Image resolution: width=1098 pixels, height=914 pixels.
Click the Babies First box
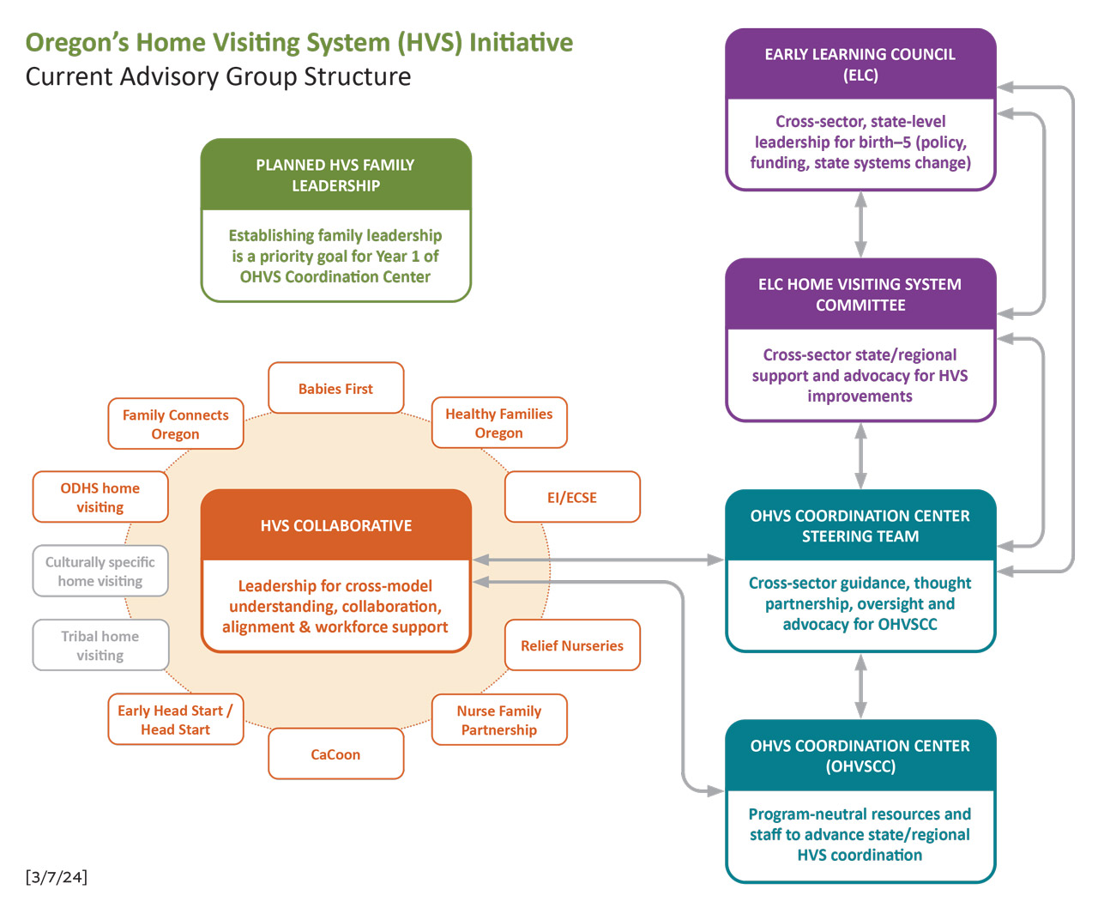[x=335, y=389]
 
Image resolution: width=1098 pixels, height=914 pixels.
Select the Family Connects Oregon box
[x=175, y=424]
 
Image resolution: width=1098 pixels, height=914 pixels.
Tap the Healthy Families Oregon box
[x=498, y=423]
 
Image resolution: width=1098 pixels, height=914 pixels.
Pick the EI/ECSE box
[x=572, y=497]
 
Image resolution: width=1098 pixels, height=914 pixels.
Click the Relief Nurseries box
[x=572, y=645]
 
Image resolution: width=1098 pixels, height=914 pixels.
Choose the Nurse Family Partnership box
[x=498, y=720]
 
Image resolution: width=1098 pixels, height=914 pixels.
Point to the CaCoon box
[x=335, y=754]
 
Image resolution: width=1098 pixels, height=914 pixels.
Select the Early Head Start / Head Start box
[x=175, y=720]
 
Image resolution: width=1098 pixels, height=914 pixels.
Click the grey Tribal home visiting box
[x=100, y=645]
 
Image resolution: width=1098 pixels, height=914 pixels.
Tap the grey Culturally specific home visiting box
[x=100, y=572]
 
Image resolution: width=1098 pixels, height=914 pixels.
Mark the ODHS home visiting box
[x=100, y=497]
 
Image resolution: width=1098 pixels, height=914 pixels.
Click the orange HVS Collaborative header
[x=335, y=525]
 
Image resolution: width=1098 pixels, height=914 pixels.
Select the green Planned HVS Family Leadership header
[x=335, y=175]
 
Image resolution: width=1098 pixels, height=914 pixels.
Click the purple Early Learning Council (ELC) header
[x=860, y=64]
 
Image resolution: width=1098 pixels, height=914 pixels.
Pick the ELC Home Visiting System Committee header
[x=860, y=294]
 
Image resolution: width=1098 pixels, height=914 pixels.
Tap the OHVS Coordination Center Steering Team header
[x=860, y=525]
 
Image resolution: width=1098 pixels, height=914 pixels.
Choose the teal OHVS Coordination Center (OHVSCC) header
[x=860, y=756]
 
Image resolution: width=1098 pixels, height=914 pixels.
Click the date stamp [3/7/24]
[x=57, y=876]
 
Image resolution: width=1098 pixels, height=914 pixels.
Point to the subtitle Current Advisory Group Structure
[x=218, y=76]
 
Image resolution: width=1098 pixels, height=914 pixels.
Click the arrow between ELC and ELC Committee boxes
[x=860, y=224]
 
